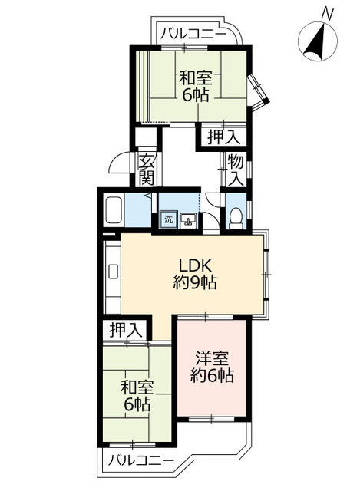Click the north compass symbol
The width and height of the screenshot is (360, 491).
tap(317, 41)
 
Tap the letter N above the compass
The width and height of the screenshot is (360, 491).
tap(328, 13)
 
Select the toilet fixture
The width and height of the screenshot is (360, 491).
tap(236, 218)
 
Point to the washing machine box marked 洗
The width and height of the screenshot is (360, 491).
tap(169, 219)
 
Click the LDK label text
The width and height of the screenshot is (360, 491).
tap(196, 266)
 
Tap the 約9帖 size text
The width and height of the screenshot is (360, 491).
tap(195, 283)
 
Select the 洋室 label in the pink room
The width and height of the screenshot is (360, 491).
tap(212, 359)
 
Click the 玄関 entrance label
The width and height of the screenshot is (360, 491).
tap(147, 170)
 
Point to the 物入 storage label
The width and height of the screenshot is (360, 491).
tap(236, 170)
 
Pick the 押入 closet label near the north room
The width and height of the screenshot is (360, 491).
tap(223, 137)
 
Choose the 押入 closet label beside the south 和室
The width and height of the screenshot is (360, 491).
tap(126, 330)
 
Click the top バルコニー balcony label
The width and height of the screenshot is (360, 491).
tap(193, 33)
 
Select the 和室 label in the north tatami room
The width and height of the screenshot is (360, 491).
tap(196, 78)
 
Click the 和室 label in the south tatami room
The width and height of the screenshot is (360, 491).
tap(137, 388)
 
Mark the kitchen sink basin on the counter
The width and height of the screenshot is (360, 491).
tap(113, 272)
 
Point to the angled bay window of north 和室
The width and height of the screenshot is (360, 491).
tap(258, 91)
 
